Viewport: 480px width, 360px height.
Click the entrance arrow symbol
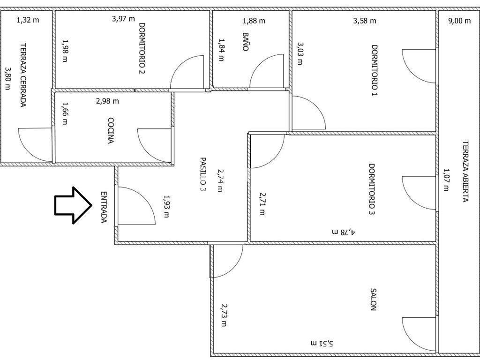[73, 205]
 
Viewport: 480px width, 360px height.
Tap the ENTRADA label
[104, 207]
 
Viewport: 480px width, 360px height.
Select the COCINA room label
[111, 131]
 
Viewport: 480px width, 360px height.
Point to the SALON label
[373, 300]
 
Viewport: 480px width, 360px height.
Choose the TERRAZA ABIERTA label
[465, 172]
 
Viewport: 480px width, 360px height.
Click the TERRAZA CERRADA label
[23, 75]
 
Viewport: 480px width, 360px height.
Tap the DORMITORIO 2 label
[142, 48]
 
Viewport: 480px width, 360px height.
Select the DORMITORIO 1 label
[375, 70]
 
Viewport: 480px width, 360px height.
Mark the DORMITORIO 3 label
[372, 189]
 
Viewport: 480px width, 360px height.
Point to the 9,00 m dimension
[459, 21]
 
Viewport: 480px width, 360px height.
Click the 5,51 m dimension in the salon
[322, 344]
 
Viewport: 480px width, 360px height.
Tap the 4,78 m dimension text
[343, 232]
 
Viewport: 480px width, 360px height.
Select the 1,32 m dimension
[28, 20]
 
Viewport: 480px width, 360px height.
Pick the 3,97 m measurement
[123, 19]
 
